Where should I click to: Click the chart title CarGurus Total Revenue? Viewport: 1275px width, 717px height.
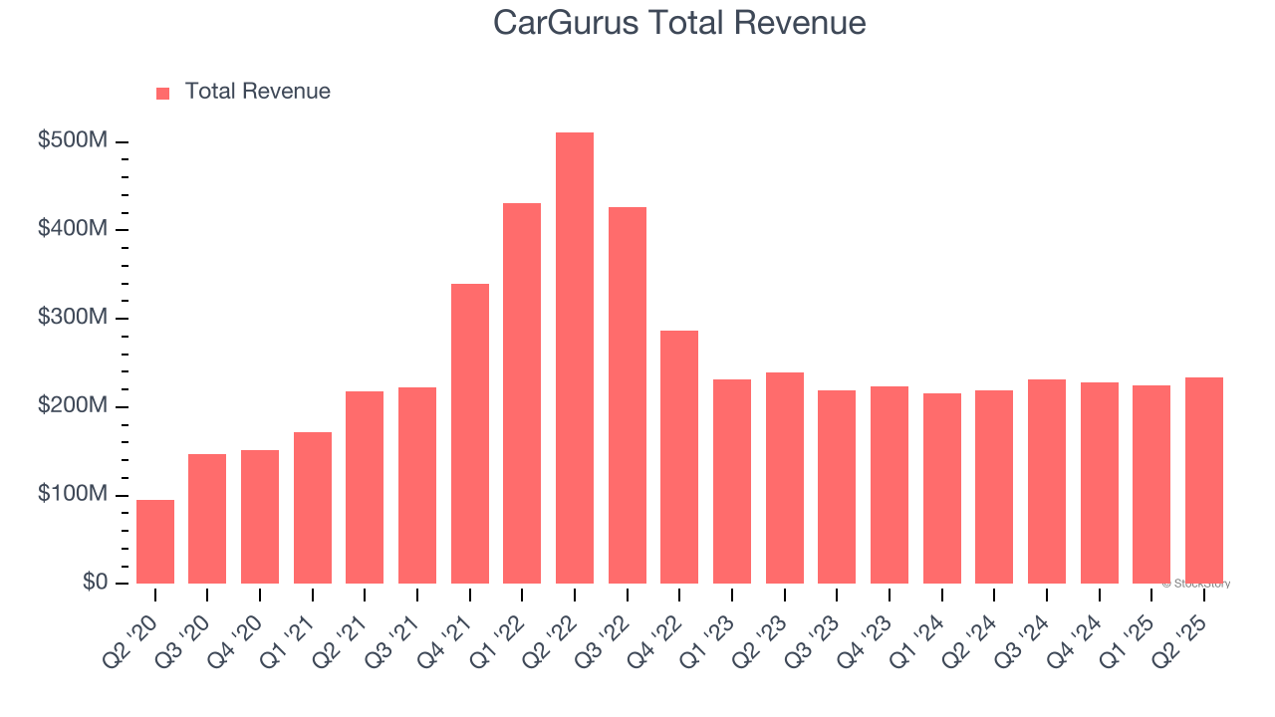679,23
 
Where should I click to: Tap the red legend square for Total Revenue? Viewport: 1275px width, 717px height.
163,93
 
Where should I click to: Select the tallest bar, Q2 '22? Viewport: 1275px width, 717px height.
575,358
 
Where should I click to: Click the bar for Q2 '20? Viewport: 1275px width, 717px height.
155,542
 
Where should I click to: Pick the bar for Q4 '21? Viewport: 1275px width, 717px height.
470,434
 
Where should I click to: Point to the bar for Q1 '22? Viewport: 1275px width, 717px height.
522,393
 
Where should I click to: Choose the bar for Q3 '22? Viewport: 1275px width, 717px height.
628,395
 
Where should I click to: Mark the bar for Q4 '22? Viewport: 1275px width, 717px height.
679,457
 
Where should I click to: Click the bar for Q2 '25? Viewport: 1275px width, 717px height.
1204,481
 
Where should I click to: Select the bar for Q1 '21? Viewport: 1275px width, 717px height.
313,508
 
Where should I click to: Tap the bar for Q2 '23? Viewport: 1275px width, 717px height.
785,478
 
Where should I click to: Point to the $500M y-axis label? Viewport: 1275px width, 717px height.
73,141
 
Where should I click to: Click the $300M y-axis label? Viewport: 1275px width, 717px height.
73,318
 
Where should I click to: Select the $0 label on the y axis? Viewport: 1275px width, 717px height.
96,583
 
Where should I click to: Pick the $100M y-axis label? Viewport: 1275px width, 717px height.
73,495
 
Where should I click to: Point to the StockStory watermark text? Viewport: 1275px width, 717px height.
1197,584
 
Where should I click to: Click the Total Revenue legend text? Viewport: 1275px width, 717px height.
257,92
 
